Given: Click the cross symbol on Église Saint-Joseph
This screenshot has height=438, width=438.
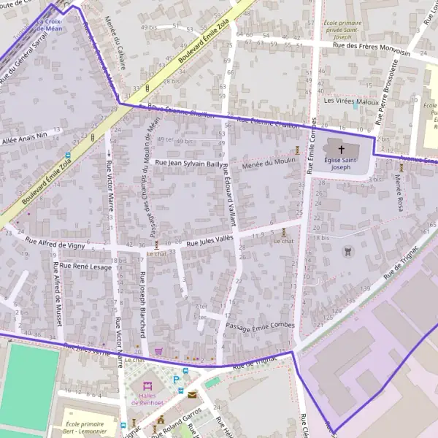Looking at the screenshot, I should pyautogui.click(x=341, y=149).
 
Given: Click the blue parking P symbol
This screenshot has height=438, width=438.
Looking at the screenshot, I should pyautogui.click(x=177, y=379).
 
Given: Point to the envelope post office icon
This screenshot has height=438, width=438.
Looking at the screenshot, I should pyautogui.click(x=192, y=394).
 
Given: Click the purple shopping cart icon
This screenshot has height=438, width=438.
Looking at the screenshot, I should pyautogui.click(x=158, y=351).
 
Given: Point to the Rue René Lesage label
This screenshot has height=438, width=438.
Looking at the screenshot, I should pyautogui.click(x=86, y=266).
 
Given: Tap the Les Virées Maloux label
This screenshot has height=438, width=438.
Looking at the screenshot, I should pyautogui.click(x=350, y=101).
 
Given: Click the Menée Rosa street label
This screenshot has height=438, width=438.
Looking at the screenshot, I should pyautogui.click(x=399, y=193).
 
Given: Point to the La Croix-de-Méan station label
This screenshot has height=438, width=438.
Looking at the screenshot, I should pyautogui.click(x=49, y=26).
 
